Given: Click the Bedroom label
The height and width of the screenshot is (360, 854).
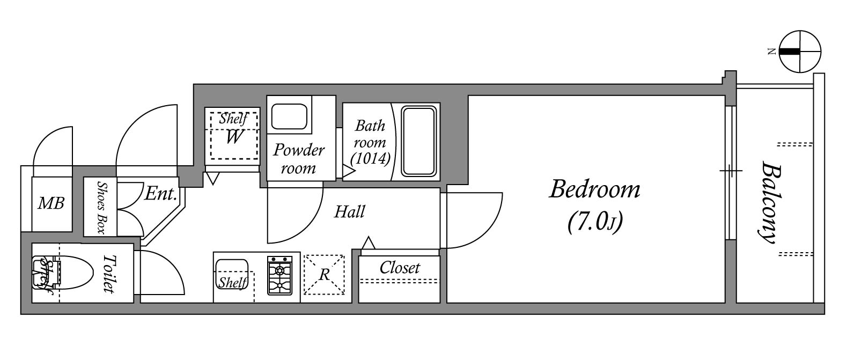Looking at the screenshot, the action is tap(594, 189).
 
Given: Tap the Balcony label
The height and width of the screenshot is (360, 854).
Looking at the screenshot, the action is tap(770, 202).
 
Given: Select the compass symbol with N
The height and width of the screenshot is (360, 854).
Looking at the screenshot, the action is tap(800, 52).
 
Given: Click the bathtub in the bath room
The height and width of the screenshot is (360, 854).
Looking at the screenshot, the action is tap(418, 142).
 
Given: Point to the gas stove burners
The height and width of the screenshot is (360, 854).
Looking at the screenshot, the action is tap(279, 276).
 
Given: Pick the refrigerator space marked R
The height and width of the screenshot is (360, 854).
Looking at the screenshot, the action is tap(324, 275).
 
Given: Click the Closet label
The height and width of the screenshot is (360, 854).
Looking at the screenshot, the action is tap(400, 268).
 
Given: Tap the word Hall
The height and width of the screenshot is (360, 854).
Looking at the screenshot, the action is tap(350, 211).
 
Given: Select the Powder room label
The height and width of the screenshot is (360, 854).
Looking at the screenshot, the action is tap(298, 159).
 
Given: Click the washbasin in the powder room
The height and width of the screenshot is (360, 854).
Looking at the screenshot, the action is tap(289, 116).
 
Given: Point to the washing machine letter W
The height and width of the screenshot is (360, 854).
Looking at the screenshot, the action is tap(233, 137).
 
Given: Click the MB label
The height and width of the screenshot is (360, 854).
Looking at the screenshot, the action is tap(51, 204).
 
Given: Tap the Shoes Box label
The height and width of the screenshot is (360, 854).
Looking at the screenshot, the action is tap(101, 208).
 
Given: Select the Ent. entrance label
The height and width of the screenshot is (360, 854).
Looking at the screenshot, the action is tap(161, 194).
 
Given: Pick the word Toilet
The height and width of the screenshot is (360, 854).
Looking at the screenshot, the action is tap(109, 274).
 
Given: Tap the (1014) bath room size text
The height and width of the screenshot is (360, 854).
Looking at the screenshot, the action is tap(370, 159).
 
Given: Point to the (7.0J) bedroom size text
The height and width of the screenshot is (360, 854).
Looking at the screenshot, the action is tap(595, 222).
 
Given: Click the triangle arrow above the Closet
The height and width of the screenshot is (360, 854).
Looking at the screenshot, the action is tap(369, 243).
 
